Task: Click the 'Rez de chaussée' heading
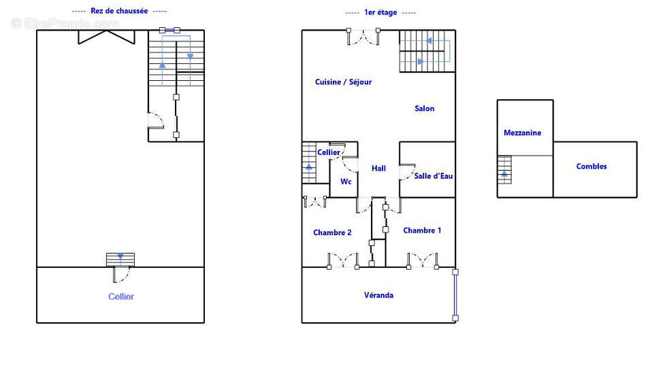(x=119, y=11)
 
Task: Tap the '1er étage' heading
(x=380, y=12)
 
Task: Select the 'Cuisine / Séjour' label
(x=343, y=82)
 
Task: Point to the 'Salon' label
(x=425, y=109)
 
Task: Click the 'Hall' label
(x=378, y=169)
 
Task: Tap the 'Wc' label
(x=346, y=181)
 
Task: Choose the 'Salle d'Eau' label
(x=434, y=176)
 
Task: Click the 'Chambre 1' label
(x=422, y=230)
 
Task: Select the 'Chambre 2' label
(x=332, y=232)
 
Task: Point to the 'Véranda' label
(x=378, y=296)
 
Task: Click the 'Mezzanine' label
(x=522, y=133)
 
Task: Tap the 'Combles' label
(x=592, y=167)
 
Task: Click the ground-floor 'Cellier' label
(x=121, y=296)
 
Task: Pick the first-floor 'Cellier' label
(x=329, y=152)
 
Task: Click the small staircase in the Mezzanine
(x=504, y=169)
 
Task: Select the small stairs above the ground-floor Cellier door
(x=120, y=260)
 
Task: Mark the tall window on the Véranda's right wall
(x=455, y=295)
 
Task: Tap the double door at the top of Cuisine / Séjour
(x=363, y=36)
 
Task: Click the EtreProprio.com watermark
(x=65, y=23)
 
